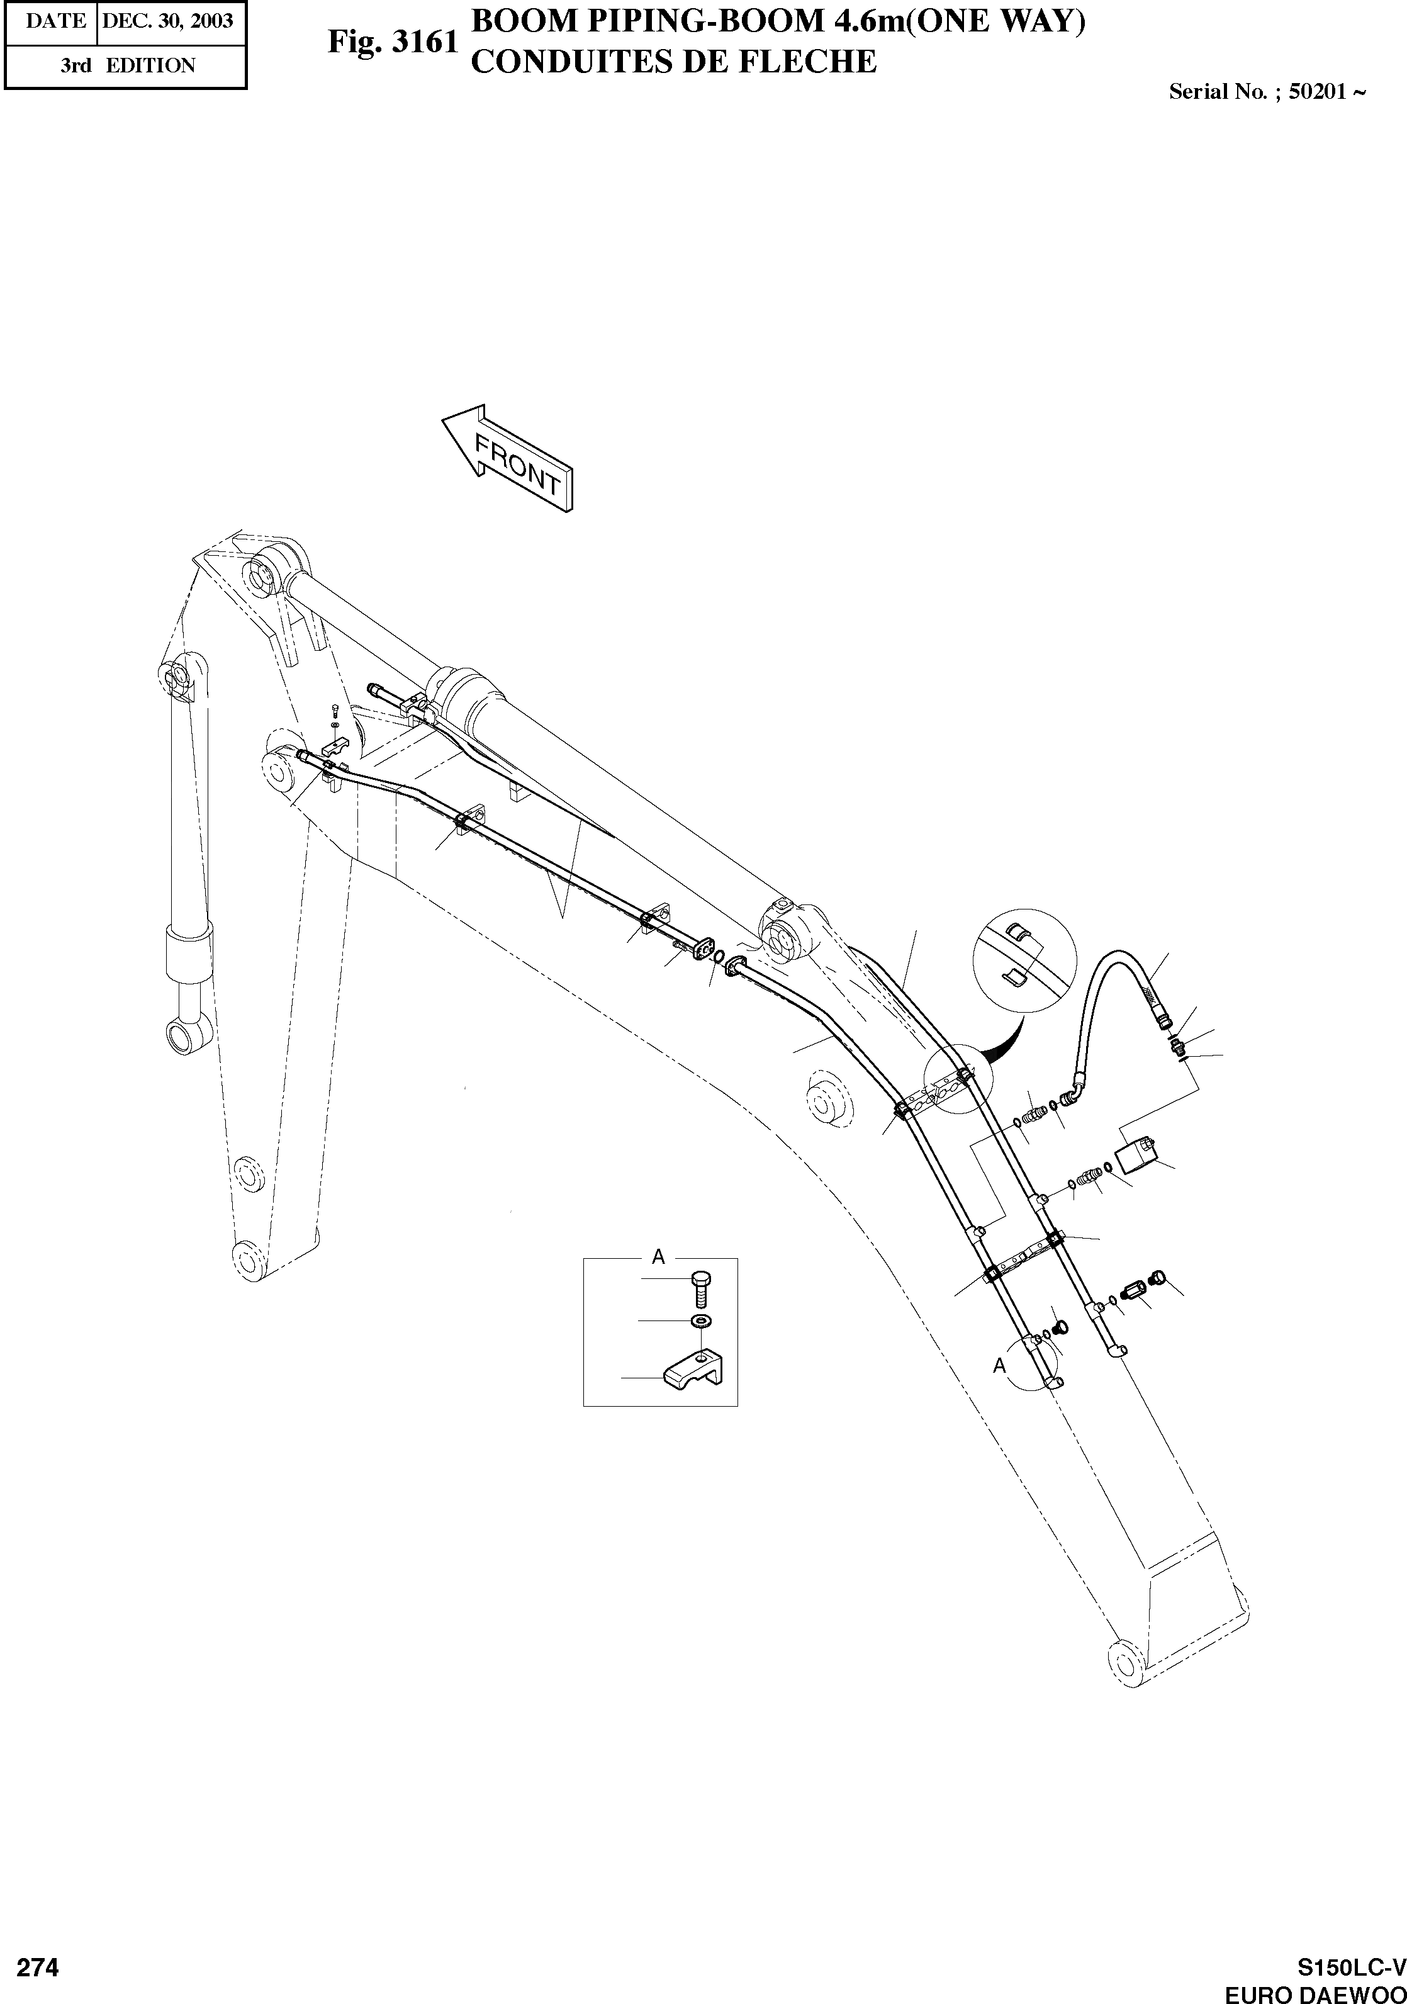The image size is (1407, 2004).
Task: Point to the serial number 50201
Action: tap(1317, 92)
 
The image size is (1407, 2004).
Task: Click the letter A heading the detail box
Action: tap(659, 1257)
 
